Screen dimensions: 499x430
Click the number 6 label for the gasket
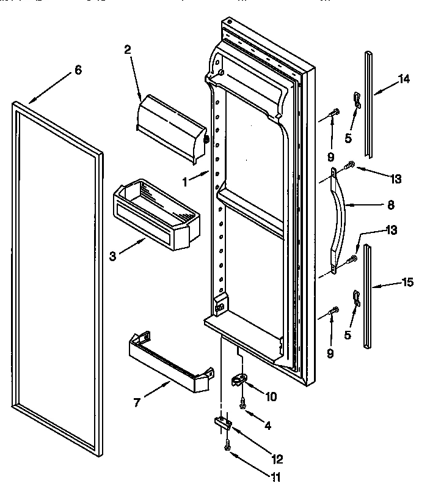click(78, 70)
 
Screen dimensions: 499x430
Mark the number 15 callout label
click(407, 282)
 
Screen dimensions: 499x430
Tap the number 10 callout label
click(271, 396)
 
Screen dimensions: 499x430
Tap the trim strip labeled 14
click(368, 104)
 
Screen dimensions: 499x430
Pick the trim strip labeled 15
click(367, 297)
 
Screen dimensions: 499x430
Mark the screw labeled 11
click(227, 447)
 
